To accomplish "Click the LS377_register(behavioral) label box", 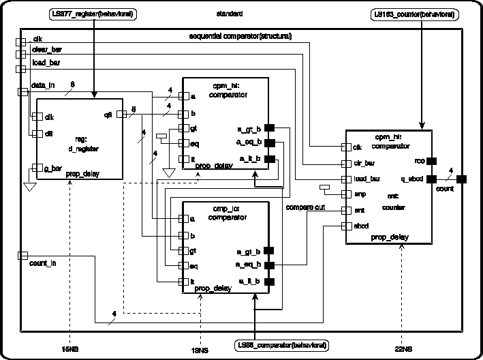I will coord(93,14).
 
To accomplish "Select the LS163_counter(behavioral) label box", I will coord(415,14).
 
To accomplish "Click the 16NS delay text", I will coord(70,348).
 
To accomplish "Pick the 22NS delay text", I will coord(403,348).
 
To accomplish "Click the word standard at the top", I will coord(230,14).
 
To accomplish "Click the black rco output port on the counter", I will coord(431,161).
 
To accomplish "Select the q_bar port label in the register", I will coord(53,168).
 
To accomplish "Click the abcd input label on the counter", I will coord(360,225).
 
